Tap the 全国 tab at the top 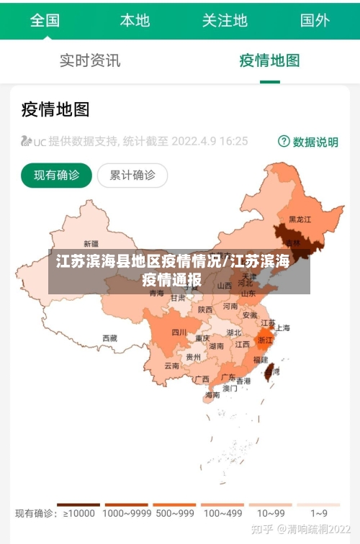coord(45,20)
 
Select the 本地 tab coord(135,20)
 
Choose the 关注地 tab coord(225,20)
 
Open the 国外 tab coord(315,20)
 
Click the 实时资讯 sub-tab coord(90,60)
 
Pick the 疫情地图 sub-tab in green coord(270,60)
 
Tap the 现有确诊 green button coord(57,175)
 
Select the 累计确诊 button coord(132,175)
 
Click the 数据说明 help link coord(308,142)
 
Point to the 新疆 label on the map coord(91,243)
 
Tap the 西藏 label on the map coord(109,337)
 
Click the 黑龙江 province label coord(300,219)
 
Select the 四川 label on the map coord(179,332)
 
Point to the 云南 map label coord(172,366)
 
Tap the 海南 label coord(212,394)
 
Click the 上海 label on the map coord(282,328)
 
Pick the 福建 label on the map coord(261,358)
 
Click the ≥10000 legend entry coord(79,514)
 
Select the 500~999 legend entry coord(174,514)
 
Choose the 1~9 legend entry coord(319,514)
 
